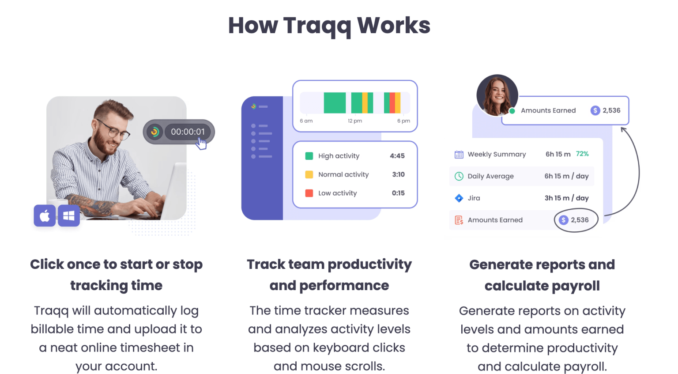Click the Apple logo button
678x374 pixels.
(x=45, y=215)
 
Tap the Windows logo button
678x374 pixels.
(x=69, y=215)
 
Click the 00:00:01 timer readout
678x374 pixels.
(x=188, y=132)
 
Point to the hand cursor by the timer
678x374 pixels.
(x=201, y=143)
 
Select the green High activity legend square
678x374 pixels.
(x=309, y=156)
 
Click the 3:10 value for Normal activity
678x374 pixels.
(x=398, y=174)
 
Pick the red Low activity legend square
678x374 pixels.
(x=309, y=193)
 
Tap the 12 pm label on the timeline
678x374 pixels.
(x=354, y=121)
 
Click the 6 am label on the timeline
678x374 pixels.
(x=306, y=121)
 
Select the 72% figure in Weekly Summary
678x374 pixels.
(x=582, y=154)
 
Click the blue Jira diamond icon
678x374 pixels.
(x=459, y=198)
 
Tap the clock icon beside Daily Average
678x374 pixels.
(x=459, y=176)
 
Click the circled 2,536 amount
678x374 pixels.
(x=576, y=220)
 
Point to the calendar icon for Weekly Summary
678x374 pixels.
(x=459, y=154)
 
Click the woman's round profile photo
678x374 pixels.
(x=497, y=95)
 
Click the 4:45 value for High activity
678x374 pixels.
(x=397, y=156)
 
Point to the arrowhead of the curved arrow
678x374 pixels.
(x=623, y=129)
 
